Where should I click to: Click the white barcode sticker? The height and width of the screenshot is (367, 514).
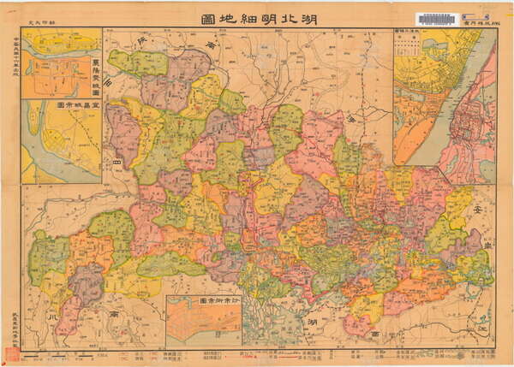[437, 18]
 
